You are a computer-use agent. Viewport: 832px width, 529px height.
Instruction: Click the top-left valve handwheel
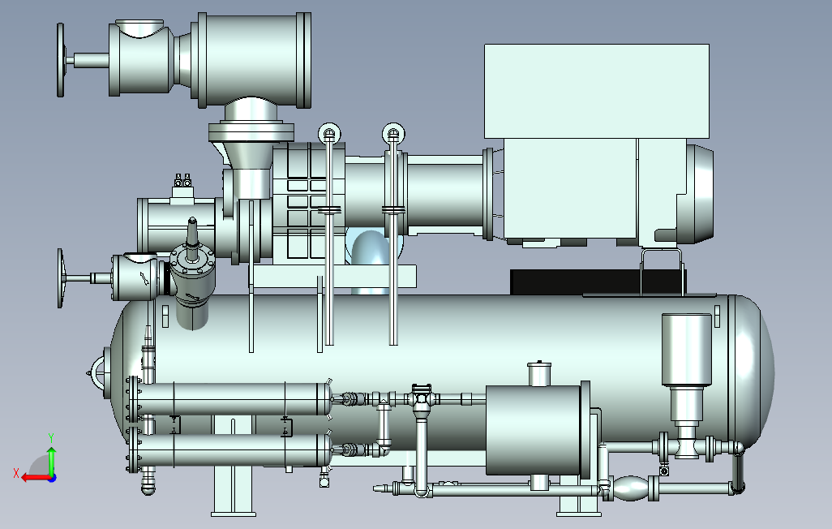(61, 60)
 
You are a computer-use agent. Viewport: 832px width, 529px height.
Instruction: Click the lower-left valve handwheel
(60, 278)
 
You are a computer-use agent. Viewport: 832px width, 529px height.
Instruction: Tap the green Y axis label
(51, 438)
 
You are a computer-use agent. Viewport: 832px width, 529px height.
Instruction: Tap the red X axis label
(16, 473)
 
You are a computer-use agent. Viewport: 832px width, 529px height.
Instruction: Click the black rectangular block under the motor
(598, 282)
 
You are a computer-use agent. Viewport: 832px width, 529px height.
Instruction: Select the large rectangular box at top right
(597, 92)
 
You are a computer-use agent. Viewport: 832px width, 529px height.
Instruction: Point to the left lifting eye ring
(329, 133)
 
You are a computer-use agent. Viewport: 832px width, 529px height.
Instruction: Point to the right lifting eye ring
(393, 133)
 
